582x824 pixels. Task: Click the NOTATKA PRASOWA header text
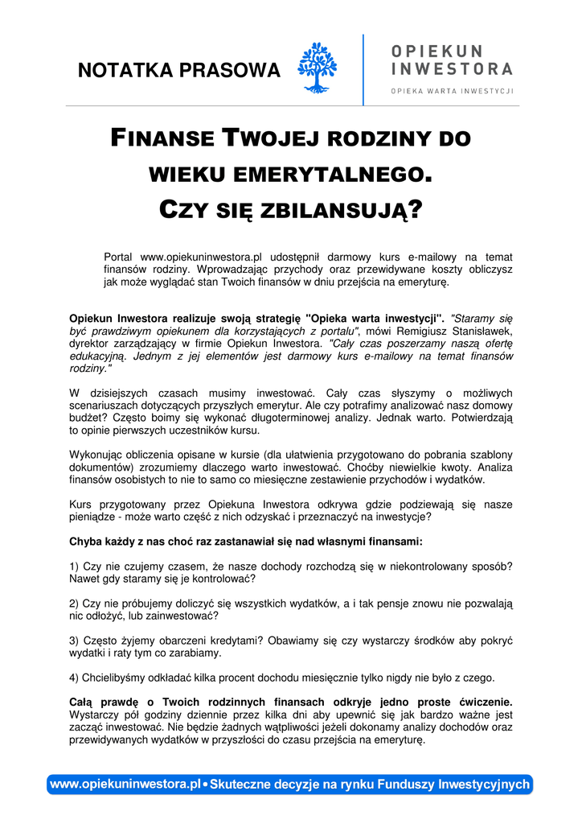[178, 71]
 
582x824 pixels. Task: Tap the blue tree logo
[317, 68]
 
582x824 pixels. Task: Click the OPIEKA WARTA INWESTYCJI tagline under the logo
[452, 91]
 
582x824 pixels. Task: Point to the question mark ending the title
[415, 211]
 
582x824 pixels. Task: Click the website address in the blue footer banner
[125, 784]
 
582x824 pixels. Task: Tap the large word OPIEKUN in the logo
[437, 51]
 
